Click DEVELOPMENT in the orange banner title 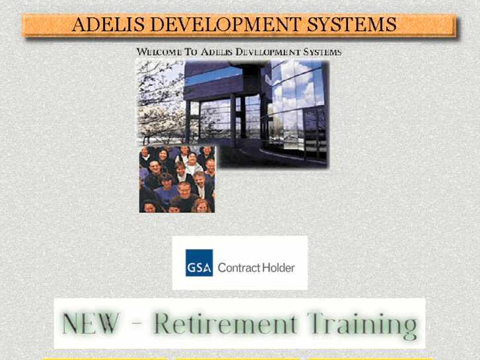(x=225, y=25)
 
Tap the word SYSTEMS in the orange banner (x=351, y=25)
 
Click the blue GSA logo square (x=199, y=263)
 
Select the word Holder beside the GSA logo (x=279, y=268)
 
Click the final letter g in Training (x=409, y=328)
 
